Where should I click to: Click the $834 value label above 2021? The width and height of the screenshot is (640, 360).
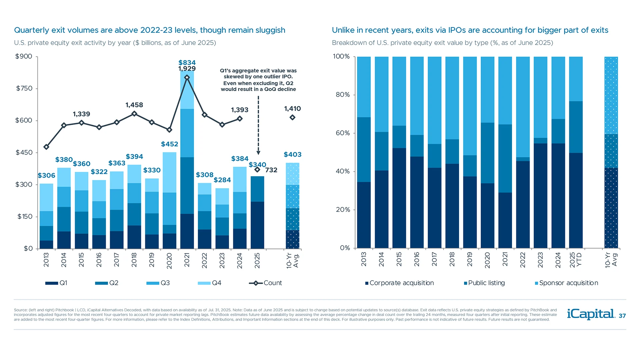pyautogui.click(x=187, y=63)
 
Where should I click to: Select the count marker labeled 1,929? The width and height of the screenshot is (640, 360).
pyautogui.click(x=187, y=77)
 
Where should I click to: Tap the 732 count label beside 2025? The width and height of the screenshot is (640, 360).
pyautogui.click(x=271, y=170)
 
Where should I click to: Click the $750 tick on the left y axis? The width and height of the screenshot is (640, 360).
pyautogui.click(x=24, y=88)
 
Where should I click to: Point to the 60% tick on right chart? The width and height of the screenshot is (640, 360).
pyautogui.click(x=343, y=133)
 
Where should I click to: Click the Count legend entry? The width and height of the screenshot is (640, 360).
pyautogui.click(x=266, y=283)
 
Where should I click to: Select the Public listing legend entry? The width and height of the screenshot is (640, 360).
pyautogui.click(x=485, y=283)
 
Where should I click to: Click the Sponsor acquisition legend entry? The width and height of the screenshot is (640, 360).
pyautogui.click(x=567, y=283)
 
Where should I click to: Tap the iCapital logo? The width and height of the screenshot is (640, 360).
pyautogui.click(x=591, y=314)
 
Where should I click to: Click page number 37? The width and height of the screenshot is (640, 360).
pyautogui.click(x=622, y=316)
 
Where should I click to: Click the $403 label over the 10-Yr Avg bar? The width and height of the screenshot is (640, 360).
pyautogui.click(x=292, y=155)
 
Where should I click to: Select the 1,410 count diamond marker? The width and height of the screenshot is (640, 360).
pyautogui.click(x=292, y=117)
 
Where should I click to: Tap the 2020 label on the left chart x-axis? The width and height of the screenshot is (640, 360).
pyautogui.click(x=169, y=260)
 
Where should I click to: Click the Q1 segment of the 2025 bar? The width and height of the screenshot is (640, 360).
pyautogui.click(x=257, y=225)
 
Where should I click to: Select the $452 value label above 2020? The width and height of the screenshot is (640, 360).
pyautogui.click(x=169, y=144)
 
